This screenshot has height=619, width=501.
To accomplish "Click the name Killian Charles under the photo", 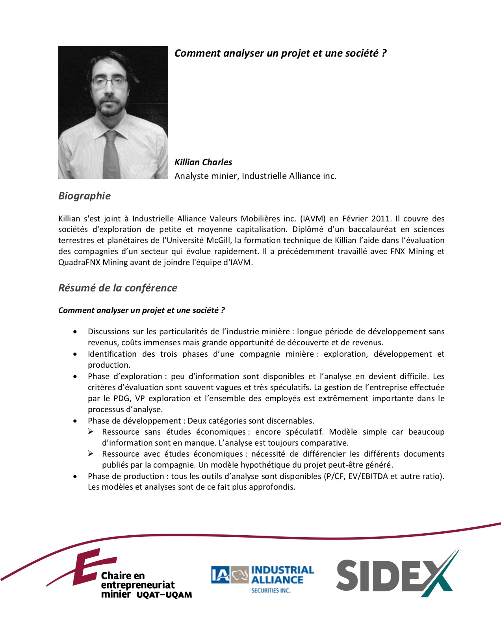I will coord(203,162).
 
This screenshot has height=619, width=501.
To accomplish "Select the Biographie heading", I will coord(84,196).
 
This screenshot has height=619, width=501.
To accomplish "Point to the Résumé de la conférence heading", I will coord(117,288).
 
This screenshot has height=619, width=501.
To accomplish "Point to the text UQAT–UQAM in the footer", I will coord(164,595).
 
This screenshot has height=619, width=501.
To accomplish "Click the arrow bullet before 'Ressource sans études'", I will coord(91,432).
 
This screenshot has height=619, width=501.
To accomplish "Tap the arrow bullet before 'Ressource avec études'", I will coord(91,454).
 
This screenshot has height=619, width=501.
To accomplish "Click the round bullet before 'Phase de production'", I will coord(75,476).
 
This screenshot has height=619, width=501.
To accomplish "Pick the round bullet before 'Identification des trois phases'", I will coord(75,354).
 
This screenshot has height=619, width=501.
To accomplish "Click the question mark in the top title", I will coord(384,53).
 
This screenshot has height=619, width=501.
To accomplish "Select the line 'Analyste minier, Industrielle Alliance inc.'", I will coord(255,176).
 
